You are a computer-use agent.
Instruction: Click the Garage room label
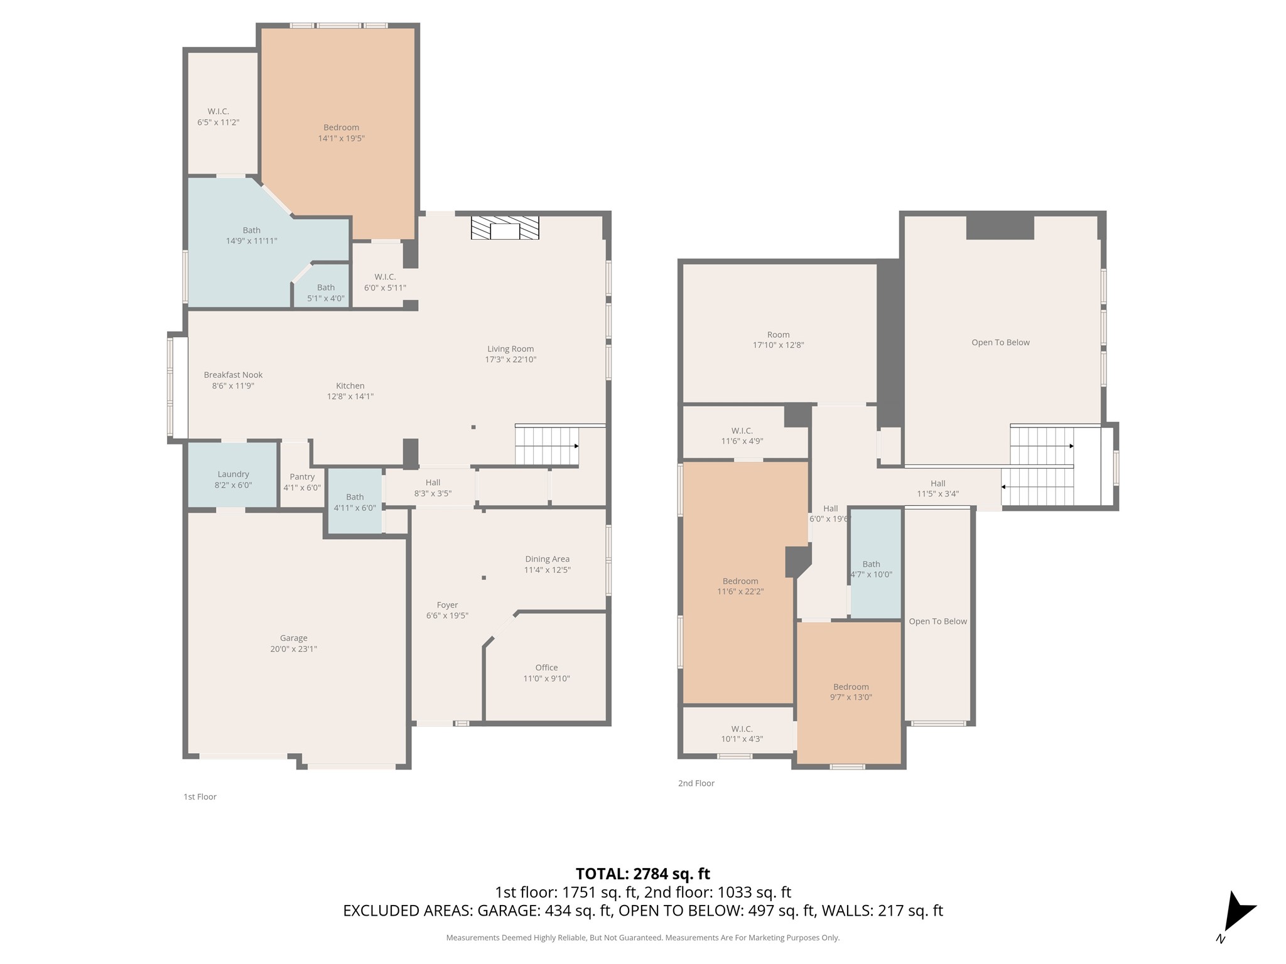[294, 643]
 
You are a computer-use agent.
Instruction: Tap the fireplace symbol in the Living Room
[505, 228]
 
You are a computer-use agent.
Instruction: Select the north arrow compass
[1236, 915]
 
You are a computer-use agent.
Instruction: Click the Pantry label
[302, 482]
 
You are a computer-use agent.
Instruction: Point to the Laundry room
[233, 475]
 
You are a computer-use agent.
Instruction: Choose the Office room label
[546, 673]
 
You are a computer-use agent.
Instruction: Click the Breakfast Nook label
[233, 380]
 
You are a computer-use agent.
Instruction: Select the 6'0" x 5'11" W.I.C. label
[385, 282]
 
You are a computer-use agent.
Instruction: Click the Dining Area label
[548, 564]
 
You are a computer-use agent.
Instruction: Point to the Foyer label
[447, 610]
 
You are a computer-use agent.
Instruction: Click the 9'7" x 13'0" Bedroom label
[851, 692]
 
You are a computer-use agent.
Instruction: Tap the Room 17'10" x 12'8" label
[778, 340]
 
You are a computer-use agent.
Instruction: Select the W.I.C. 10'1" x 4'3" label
[742, 734]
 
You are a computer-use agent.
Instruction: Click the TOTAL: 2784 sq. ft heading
[643, 874]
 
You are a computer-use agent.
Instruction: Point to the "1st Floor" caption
[200, 796]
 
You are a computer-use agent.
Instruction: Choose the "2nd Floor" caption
[696, 783]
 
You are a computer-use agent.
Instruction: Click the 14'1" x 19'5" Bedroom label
[341, 132]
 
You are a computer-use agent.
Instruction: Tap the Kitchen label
[350, 391]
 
